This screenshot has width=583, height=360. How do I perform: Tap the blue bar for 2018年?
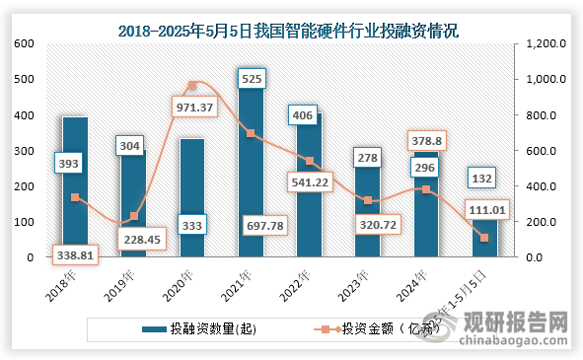(x=75, y=187)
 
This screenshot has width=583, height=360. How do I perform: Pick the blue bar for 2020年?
(x=191, y=197)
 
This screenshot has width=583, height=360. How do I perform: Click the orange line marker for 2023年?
(x=367, y=200)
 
